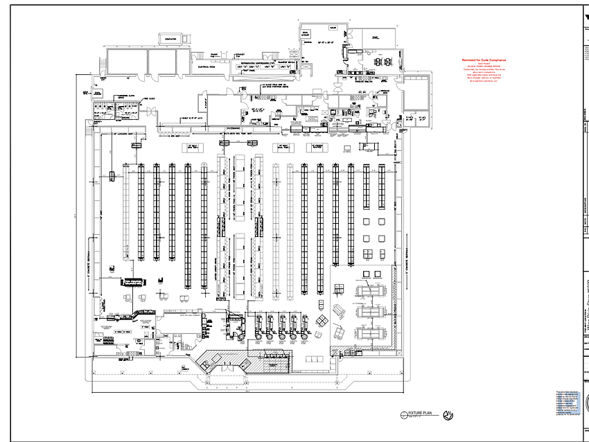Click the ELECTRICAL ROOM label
[209, 67]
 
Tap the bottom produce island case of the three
[370, 333]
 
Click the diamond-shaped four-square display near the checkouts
[324, 320]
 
